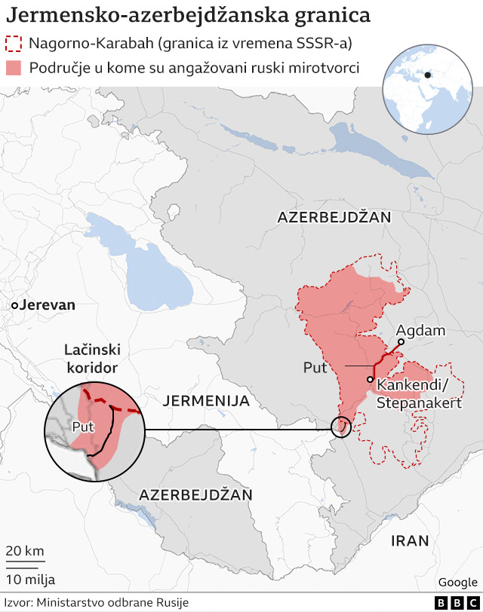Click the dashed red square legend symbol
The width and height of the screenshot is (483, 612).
click(x=14, y=44)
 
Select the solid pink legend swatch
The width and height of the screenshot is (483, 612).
click(x=14, y=68)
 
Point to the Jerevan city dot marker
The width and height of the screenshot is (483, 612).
click(x=14, y=305)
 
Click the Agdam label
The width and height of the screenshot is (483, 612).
click(x=420, y=331)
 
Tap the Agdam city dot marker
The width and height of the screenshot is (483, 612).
click(x=401, y=342)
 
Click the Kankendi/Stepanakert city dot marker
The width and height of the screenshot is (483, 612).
click(x=371, y=379)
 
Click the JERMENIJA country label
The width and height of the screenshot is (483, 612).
click(x=206, y=401)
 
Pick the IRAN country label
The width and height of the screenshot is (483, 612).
click(x=410, y=540)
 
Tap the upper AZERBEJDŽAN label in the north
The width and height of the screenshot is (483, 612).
click(x=334, y=217)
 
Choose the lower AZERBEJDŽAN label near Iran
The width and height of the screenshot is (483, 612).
click(x=195, y=494)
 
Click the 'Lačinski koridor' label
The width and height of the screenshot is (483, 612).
click(x=91, y=359)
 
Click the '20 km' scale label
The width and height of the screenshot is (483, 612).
click(x=25, y=550)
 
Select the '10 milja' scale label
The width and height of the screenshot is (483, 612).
click(x=30, y=579)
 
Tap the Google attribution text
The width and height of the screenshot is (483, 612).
click(x=457, y=582)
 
